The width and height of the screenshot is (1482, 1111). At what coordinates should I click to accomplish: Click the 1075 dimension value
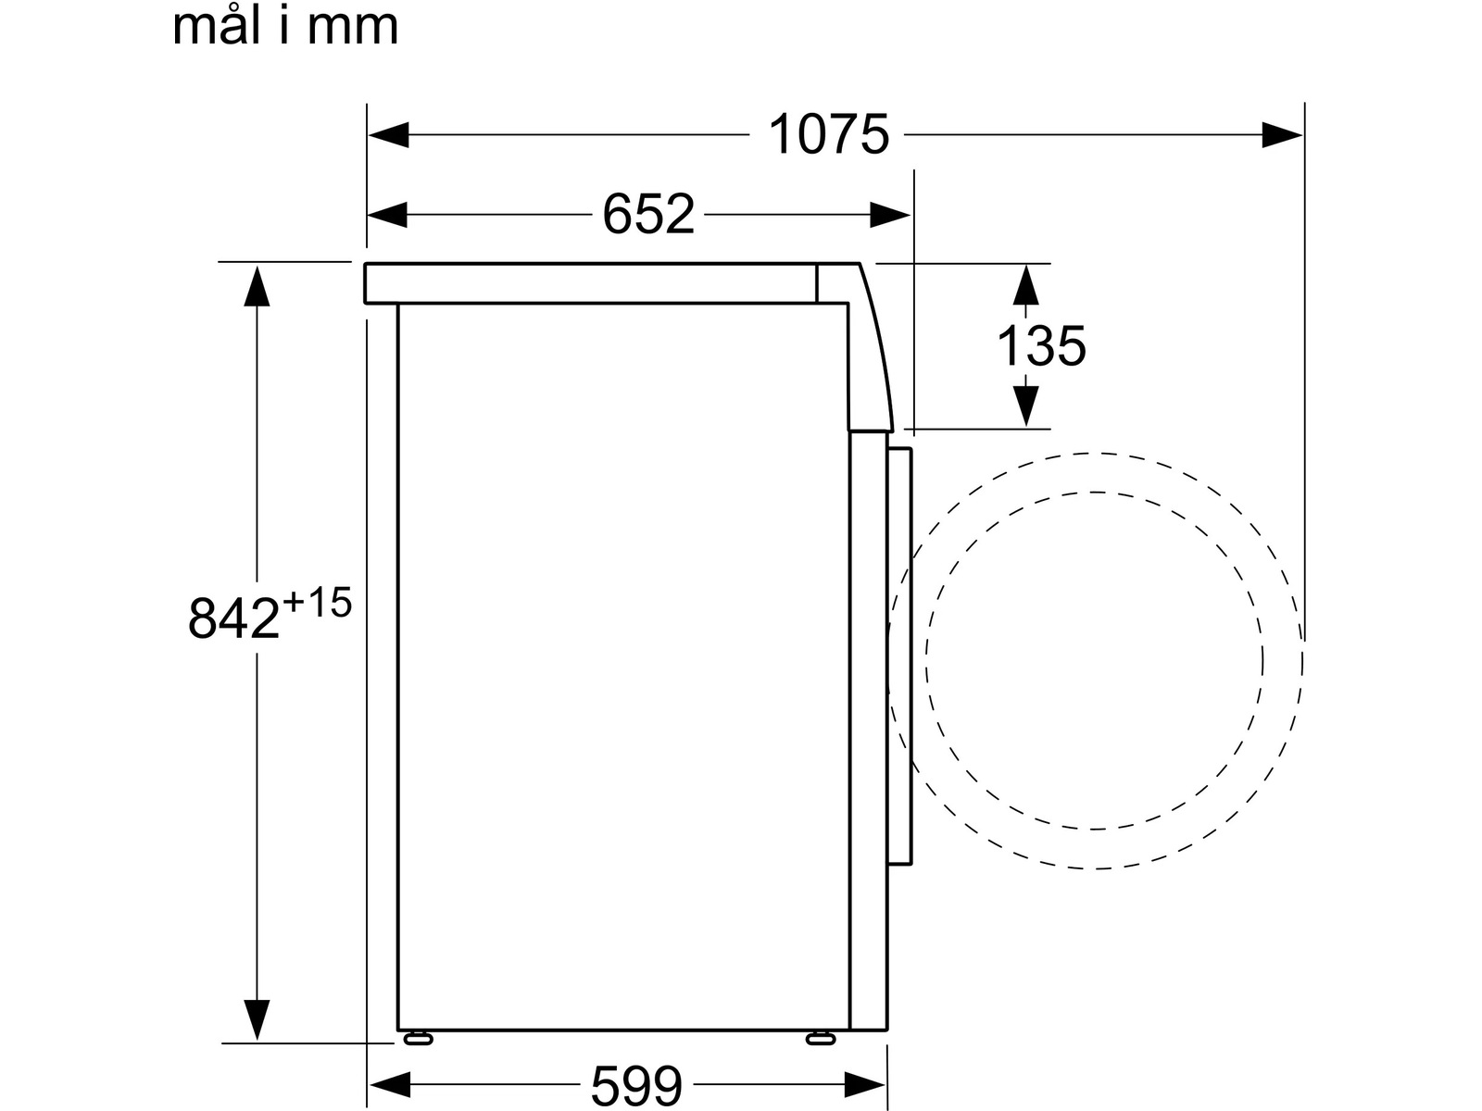point(828,135)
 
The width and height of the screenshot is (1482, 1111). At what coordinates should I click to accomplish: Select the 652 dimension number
point(648,215)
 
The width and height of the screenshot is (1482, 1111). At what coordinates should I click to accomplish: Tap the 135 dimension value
point(1041,346)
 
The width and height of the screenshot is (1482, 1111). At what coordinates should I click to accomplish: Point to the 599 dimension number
point(636,1085)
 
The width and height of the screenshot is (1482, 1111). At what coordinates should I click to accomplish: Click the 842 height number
point(233,618)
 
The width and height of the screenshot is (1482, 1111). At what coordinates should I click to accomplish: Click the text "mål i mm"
point(285,26)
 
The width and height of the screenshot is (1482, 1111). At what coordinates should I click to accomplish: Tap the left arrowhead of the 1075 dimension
point(388,135)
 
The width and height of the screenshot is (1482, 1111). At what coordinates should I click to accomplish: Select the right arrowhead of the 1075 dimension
point(1282,135)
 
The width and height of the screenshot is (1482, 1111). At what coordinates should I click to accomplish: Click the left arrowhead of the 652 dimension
point(387,215)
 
